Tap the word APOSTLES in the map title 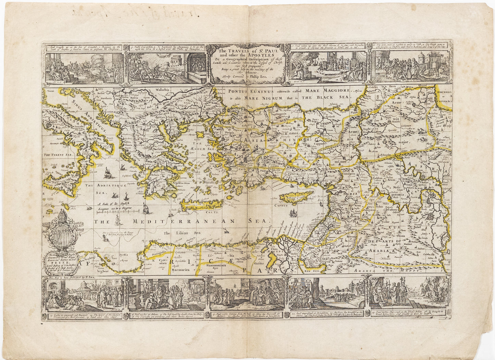tap(259, 54)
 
